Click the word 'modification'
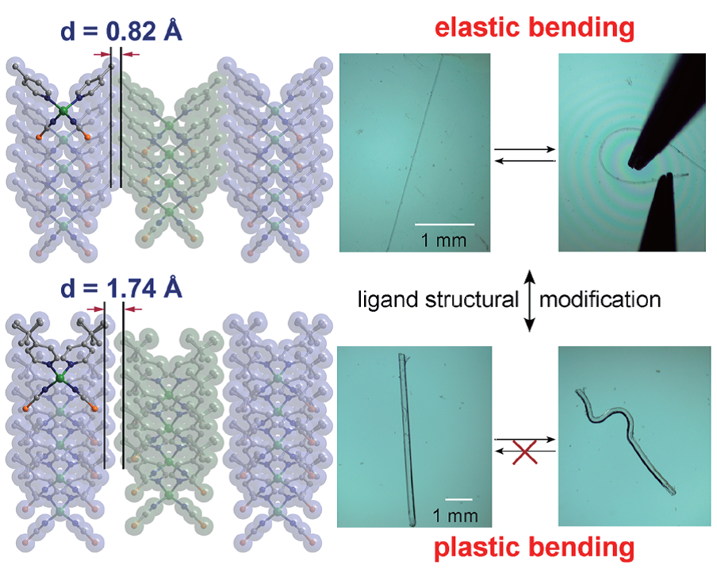(600, 299)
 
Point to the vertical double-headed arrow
(529, 299)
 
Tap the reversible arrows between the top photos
(523, 153)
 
